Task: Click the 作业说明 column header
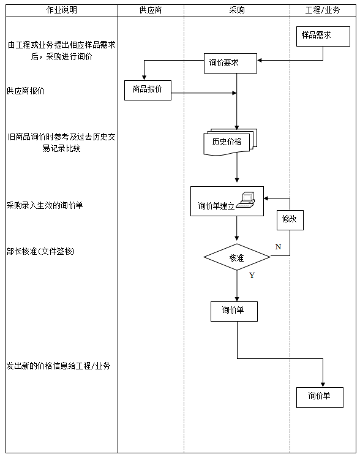[x=62, y=10]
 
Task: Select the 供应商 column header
[x=150, y=10]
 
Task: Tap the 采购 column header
[x=236, y=10]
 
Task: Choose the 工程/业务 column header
[x=323, y=10]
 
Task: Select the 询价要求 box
[x=230, y=63]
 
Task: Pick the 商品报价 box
[x=148, y=90]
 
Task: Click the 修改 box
[x=290, y=219]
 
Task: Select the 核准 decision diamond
[x=236, y=258]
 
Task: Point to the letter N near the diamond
[x=277, y=246]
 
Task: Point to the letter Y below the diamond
[x=252, y=276]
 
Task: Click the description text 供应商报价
[x=25, y=91]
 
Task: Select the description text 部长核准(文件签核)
[x=40, y=251]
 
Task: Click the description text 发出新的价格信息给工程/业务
[x=58, y=366]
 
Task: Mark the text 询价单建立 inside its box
[x=216, y=206]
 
